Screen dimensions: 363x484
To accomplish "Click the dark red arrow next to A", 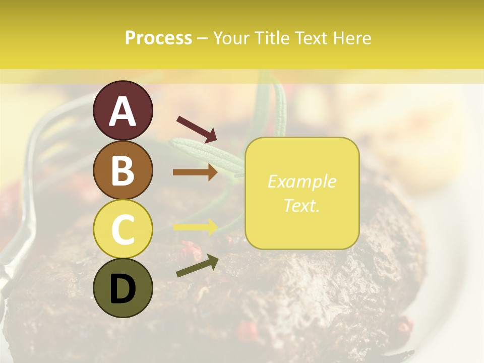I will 197,129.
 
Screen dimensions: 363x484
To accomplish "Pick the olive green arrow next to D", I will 197,266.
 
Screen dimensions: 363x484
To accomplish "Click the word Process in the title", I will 158,38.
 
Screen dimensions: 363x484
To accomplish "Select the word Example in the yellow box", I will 301,181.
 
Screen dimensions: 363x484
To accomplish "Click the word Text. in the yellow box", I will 301,205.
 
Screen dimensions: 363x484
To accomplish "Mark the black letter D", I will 123,289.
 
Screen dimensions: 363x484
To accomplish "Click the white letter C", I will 123,229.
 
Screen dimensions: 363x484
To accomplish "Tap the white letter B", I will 123,170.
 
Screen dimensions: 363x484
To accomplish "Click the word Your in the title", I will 232,38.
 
